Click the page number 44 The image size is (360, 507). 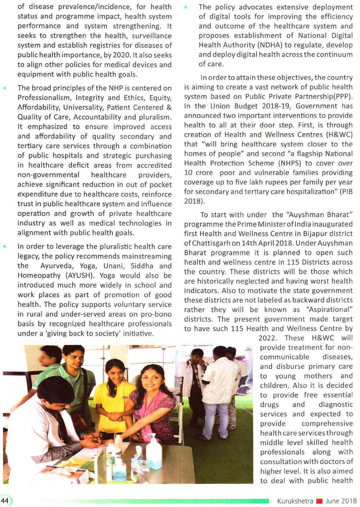5,501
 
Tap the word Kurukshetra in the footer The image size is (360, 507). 295,501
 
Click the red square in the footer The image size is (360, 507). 319,501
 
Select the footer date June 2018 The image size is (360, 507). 341,501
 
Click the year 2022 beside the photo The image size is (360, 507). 267,338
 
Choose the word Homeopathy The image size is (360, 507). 39,276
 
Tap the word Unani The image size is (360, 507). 113,266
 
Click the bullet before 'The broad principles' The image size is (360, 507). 5,88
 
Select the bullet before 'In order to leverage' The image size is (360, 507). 5,246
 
